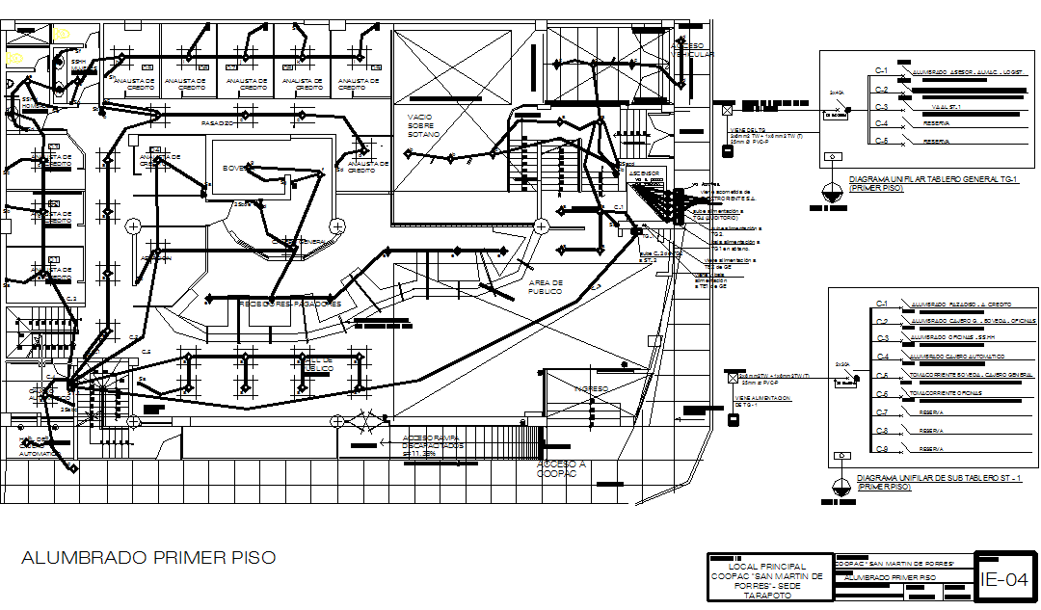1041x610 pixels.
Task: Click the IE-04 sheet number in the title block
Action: (x=1003, y=579)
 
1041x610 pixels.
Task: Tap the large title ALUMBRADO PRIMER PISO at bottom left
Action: (x=148, y=558)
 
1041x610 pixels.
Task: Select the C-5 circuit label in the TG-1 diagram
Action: (x=881, y=141)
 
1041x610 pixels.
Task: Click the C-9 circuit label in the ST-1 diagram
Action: (x=881, y=449)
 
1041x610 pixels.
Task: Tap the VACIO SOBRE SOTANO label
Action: (x=420, y=125)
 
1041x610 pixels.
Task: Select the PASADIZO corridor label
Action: (x=218, y=124)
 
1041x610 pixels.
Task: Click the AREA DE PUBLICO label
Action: (x=545, y=287)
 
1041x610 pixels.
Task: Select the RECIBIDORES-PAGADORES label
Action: (x=289, y=304)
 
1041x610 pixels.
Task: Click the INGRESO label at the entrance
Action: (x=592, y=389)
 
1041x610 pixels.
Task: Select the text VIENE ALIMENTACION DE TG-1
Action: (x=762, y=401)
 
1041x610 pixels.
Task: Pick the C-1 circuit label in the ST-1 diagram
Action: (x=881, y=304)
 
